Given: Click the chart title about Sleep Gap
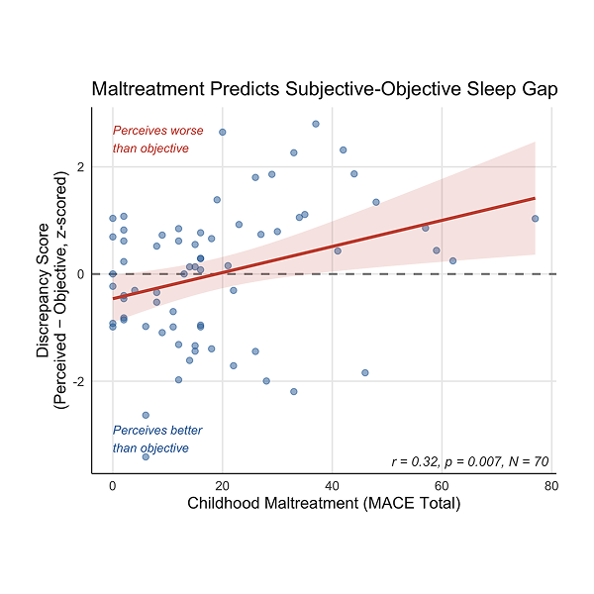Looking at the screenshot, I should [x=324, y=89].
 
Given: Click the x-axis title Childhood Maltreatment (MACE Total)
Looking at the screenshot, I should [x=324, y=504].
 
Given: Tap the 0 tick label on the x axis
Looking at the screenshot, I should [x=113, y=486].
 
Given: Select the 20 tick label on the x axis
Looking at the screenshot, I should [x=223, y=486].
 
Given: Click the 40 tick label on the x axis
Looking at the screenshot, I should [x=332, y=486].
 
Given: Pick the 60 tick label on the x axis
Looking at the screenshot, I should [x=442, y=486].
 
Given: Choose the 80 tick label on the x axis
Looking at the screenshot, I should [x=550, y=486].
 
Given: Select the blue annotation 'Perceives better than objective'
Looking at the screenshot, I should [x=154, y=440].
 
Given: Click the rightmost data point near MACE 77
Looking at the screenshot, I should [x=535, y=219].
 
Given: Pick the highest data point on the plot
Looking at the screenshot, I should [x=315, y=124].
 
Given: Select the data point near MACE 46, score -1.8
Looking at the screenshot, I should [x=364, y=372].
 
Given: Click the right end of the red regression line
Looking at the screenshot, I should [x=535, y=198].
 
